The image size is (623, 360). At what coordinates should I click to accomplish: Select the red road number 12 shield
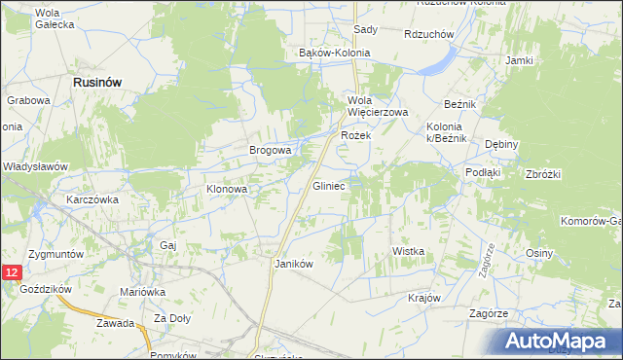(x=11, y=274)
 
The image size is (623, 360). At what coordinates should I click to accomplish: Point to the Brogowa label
(x=271, y=151)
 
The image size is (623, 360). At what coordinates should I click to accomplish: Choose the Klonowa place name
(x=227, y=189)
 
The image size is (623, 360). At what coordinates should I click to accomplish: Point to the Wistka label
(x=409, y=251)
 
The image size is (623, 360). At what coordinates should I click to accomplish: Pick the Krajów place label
(x=425, y=298)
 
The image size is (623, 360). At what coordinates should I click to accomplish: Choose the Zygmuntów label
(x=56, y=253)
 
